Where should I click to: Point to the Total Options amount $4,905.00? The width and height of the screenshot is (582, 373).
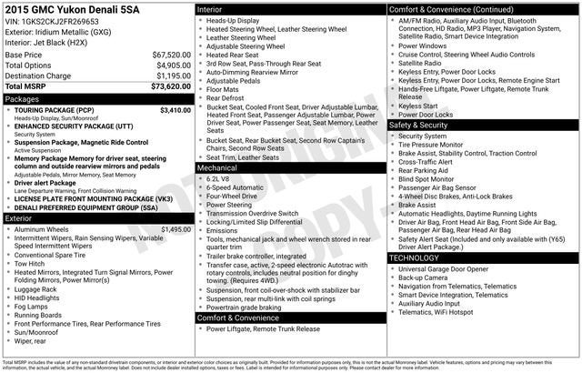coord(173,66)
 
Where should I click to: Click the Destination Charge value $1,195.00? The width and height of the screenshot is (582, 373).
coord(173,76)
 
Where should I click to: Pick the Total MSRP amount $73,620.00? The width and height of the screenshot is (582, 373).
coord(170,87)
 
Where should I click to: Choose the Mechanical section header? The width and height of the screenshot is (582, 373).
coord(217,168)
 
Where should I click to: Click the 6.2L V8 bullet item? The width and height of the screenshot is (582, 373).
coord(218,179)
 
